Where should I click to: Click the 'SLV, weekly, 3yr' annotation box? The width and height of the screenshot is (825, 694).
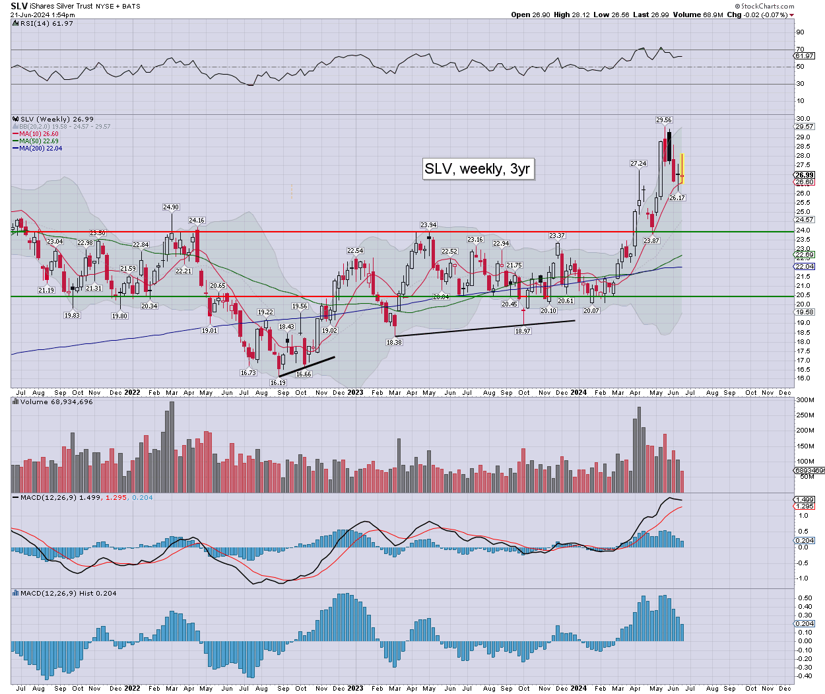(x=478, y=169)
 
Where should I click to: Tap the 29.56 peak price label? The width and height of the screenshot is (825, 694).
(x=664, y=120)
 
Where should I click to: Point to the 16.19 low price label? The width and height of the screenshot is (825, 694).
(x=278, y=383)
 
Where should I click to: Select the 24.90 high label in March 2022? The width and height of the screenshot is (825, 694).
(x=171, y=207)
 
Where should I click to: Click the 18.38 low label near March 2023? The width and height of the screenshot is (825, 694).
(x=394, y=343)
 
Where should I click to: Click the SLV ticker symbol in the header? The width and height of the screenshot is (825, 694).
(x=19, y=6)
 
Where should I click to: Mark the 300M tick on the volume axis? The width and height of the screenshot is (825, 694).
(x=805, y=400)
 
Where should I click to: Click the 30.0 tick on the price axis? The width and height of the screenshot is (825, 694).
(x=803, y=119)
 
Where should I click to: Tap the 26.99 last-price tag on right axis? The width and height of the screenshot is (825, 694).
(x=805, y=176)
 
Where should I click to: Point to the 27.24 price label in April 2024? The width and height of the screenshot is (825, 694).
(x=638, y=164)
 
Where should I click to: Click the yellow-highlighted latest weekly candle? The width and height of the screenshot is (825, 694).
(x=682, y=168)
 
